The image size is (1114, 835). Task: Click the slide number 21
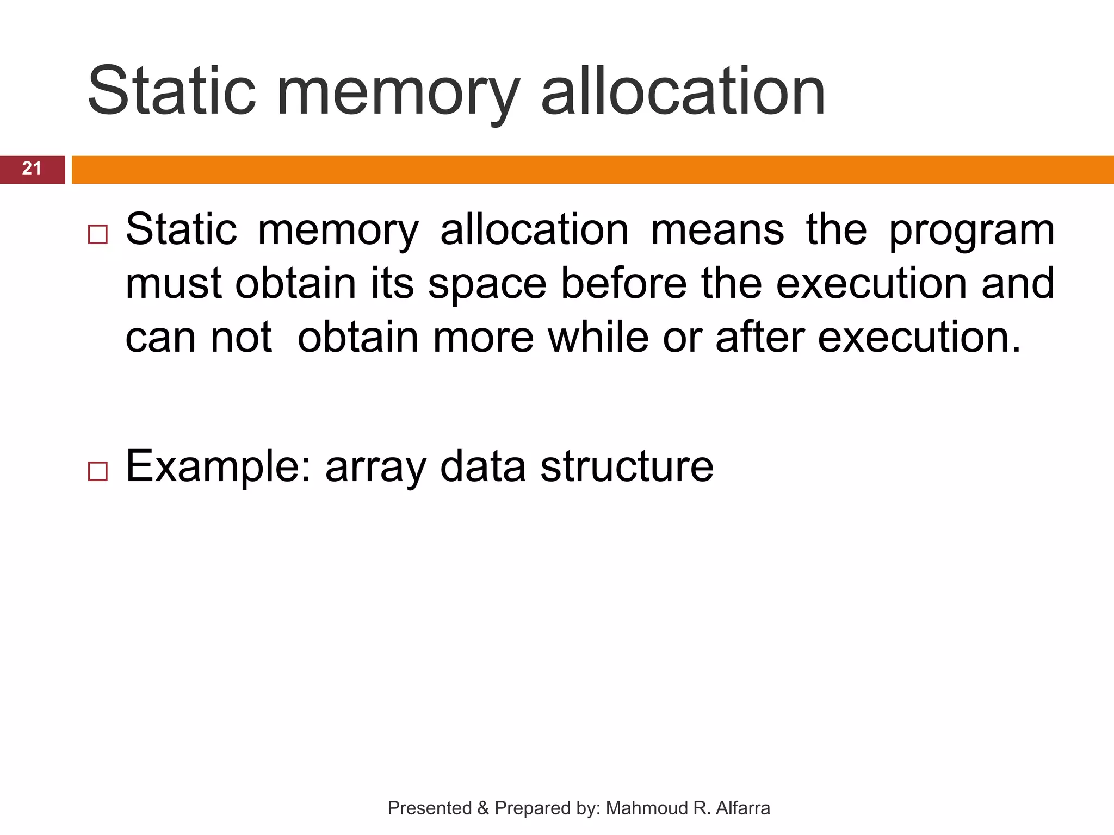pos(32,169)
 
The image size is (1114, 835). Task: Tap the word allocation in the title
pos(683,91)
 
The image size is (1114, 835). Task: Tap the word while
pos(598,337)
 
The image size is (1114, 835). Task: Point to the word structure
pos(627,466)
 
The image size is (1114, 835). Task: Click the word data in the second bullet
pos(482,466)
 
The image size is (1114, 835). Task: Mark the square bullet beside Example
pos(97,471)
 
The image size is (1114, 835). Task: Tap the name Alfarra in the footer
pos(742,808)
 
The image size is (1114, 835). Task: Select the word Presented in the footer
pos(430,808)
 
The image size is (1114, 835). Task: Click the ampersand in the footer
pos(483,808)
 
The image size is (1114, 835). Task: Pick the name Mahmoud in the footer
pos(647,808)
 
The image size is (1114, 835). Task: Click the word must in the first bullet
pos(174,284)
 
